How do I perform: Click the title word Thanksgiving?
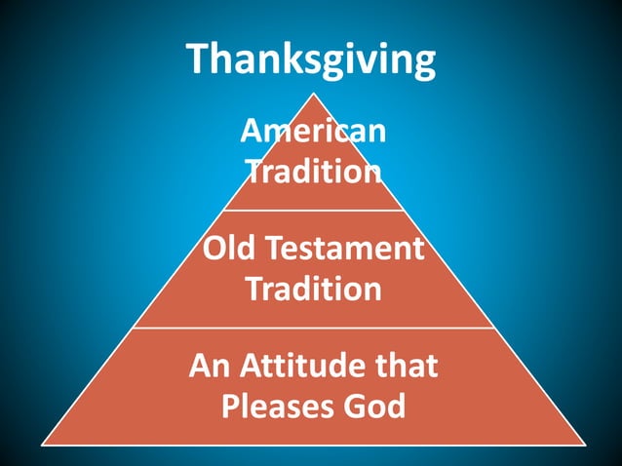[312, 60]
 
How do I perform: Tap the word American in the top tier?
[313, 132]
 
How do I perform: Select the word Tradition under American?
[313, 173]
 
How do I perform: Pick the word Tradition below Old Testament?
[313, 290]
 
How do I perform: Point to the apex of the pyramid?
[313, 94]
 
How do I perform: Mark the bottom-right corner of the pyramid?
[583, 445]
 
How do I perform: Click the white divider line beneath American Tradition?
[313, 211]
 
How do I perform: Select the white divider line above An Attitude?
[313, 328]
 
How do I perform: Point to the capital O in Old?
[214, 249]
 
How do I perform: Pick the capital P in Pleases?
[230, 407]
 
